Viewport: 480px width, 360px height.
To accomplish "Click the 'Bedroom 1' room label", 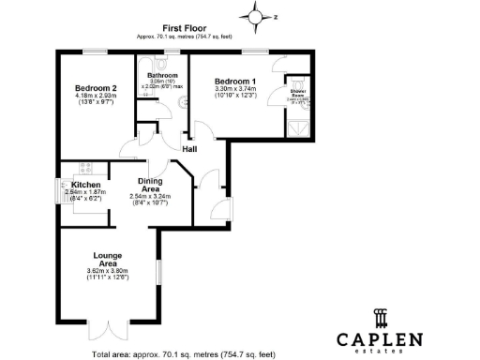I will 235,81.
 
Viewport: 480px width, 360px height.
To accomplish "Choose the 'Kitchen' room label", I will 86,185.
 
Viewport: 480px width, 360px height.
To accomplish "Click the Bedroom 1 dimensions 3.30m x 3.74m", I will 235,90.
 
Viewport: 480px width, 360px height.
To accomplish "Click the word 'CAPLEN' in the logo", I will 381,338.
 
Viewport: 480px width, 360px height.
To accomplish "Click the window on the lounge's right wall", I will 157,257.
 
